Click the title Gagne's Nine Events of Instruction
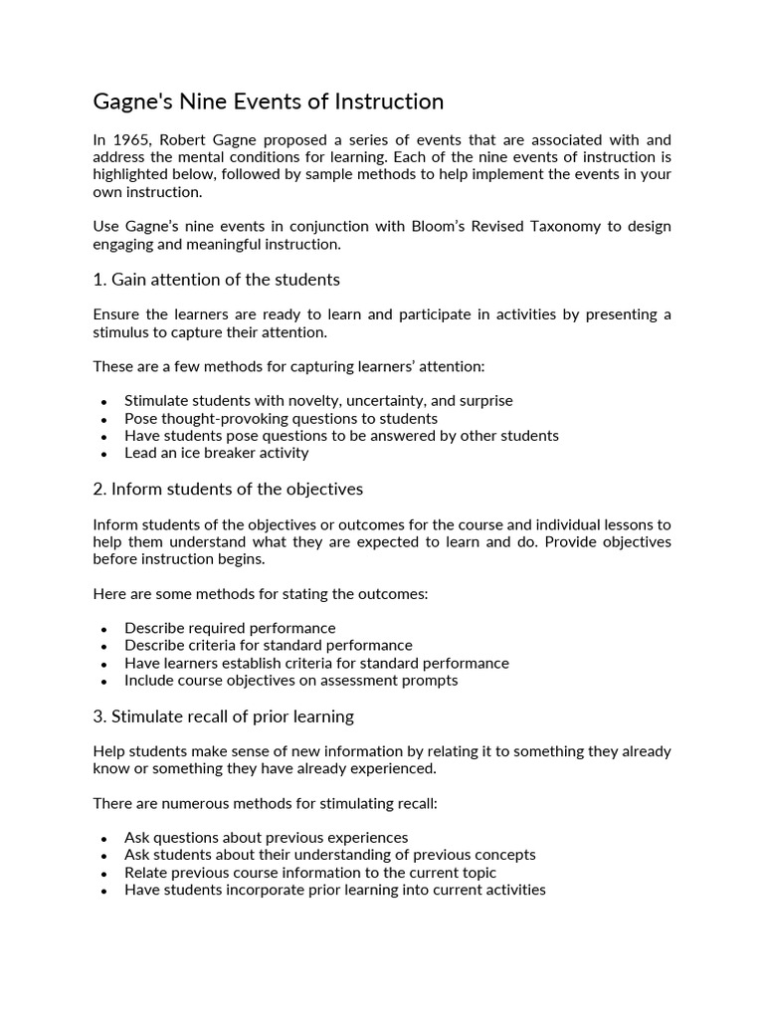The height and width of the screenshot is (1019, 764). point(268,102)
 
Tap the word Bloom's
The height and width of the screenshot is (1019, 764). point(442,226)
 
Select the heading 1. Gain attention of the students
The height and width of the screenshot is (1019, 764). point(216,279)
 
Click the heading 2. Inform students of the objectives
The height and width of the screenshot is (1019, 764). point(228,489)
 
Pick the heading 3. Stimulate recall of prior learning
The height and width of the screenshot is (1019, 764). point(223,716)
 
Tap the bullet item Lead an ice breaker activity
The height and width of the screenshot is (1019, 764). point(216,453)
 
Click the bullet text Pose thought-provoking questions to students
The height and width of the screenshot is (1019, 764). point(281,418)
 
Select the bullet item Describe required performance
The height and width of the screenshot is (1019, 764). point(230,628)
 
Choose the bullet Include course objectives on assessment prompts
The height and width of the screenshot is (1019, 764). point(290,681)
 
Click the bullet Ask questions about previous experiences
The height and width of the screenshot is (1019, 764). point(266,837)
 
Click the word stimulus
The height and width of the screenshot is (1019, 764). point(122,331)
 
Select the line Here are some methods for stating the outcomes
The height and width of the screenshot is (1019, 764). point(261,594)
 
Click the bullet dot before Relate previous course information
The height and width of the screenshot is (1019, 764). point(104,874)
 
